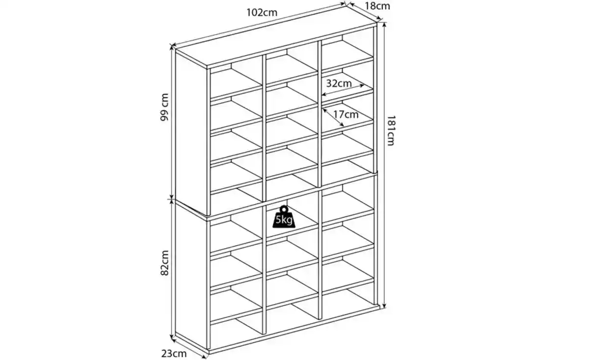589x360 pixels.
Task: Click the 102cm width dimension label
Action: point(262,12)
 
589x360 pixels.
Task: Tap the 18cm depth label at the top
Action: point(377,6)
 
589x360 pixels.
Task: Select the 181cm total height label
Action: point(391,130)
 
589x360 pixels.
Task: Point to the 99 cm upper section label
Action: point(164,107)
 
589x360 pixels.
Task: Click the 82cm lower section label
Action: point(164,263)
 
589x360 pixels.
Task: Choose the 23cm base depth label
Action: point(174,354)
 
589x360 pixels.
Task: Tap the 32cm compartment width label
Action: point(339,83)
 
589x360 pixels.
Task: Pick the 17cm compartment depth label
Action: point(346,114)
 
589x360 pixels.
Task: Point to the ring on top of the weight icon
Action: point(284,209)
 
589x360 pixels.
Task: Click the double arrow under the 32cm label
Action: point(343,90)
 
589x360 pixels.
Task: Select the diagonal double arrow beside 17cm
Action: point(333,117)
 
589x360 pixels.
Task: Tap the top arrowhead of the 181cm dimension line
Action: point(384,25)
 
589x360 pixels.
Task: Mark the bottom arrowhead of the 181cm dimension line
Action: point(384,306)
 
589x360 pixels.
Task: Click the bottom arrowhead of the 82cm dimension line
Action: point(172,337)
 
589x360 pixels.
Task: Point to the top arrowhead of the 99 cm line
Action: point(172,47)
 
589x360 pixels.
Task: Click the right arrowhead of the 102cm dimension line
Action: point(343,4)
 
